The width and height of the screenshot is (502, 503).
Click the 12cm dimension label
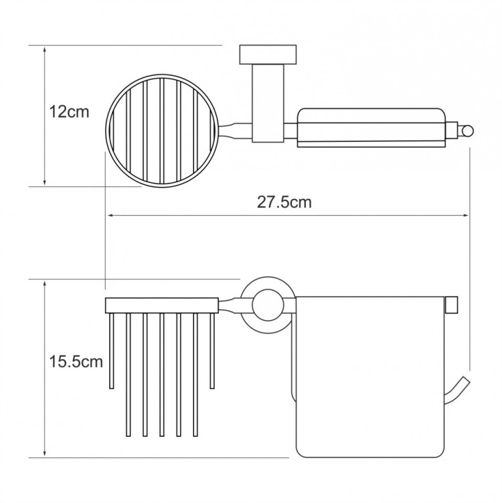(69, 112)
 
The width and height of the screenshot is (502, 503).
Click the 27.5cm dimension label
(284, 202)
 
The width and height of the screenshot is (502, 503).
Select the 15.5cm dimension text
(76, 362)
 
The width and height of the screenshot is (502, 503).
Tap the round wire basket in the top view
(162, 131)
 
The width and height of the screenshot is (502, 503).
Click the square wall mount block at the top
(268, 55)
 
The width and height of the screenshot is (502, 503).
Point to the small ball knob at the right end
(467, 131)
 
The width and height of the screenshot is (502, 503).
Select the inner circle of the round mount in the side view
(268, 305)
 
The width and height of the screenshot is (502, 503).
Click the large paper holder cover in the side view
(370, 377)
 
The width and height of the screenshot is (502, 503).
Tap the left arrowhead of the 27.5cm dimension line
(110, 216)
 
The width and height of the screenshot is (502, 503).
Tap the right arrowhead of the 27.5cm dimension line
(467, 216)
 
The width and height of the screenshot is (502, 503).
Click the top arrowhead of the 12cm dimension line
(45, 49)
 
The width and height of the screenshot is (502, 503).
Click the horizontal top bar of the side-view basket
(162, 305)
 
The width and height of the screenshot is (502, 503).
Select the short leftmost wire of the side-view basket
(112, 351)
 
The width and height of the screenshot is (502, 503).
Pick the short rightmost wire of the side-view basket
(212, 351)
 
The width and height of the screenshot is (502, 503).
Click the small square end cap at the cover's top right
(452, 305)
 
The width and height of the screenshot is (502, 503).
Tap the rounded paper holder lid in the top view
(371, 128)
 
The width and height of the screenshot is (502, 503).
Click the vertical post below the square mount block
(268, 103)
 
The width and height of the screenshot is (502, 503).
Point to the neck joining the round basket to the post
(236, 131)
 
